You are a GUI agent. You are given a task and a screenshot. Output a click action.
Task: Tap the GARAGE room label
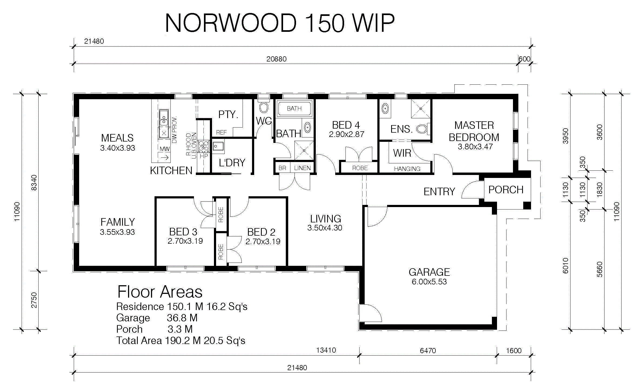(429, 272)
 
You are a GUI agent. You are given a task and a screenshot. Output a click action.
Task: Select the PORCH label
(506, 190)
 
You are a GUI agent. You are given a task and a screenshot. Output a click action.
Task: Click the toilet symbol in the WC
(264, 107)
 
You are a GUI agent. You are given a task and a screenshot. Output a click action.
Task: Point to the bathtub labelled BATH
(294, 109)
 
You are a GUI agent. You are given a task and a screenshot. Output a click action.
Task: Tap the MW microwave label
(165, 149)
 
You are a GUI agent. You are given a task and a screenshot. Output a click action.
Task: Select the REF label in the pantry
(221, 132)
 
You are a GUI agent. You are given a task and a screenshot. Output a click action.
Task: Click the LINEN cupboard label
(302, 168)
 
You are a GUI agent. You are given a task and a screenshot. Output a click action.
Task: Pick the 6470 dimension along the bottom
(428, 350)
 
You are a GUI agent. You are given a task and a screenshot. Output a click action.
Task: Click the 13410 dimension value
(326, 350)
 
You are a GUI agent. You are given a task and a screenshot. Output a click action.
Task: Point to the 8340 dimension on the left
(34, 183)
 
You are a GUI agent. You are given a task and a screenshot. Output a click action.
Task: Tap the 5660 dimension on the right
(599, 269)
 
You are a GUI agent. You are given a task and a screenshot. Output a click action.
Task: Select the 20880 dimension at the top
(276, 59)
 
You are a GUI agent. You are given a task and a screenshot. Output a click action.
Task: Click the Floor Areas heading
(160, 292)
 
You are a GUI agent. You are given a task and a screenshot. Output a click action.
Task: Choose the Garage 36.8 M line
(157, 318)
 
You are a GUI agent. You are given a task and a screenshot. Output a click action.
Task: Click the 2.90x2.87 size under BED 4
(347, 134)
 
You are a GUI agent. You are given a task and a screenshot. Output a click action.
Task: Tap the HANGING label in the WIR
(407, 169)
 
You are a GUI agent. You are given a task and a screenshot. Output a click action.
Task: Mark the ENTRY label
(439, 192)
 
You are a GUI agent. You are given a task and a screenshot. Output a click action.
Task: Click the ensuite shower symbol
(421, 109)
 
